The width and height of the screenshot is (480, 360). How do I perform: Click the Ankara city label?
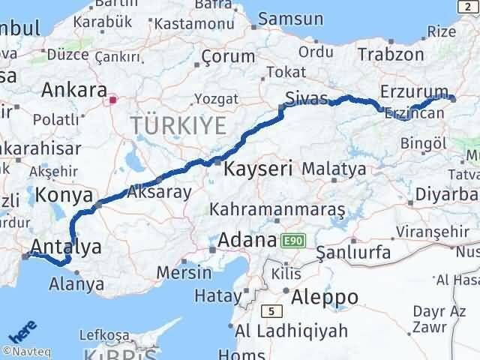click(x=73, y=91)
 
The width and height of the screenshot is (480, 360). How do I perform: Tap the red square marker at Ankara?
click(x=113, y=98)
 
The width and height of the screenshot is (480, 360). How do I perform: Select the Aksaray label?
click(x=160, y=191)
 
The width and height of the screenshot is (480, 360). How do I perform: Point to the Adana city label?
click(x=247, y=241)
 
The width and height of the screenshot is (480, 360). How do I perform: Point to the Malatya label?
click(x=334, y=169)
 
